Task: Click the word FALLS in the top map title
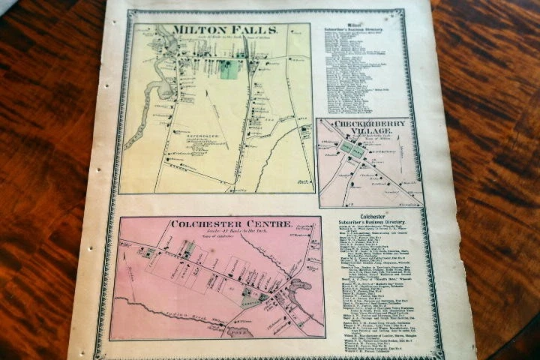[x=259, y=30]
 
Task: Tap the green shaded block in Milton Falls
[x=229, y=70]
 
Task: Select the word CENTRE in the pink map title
[x=268, y=224]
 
